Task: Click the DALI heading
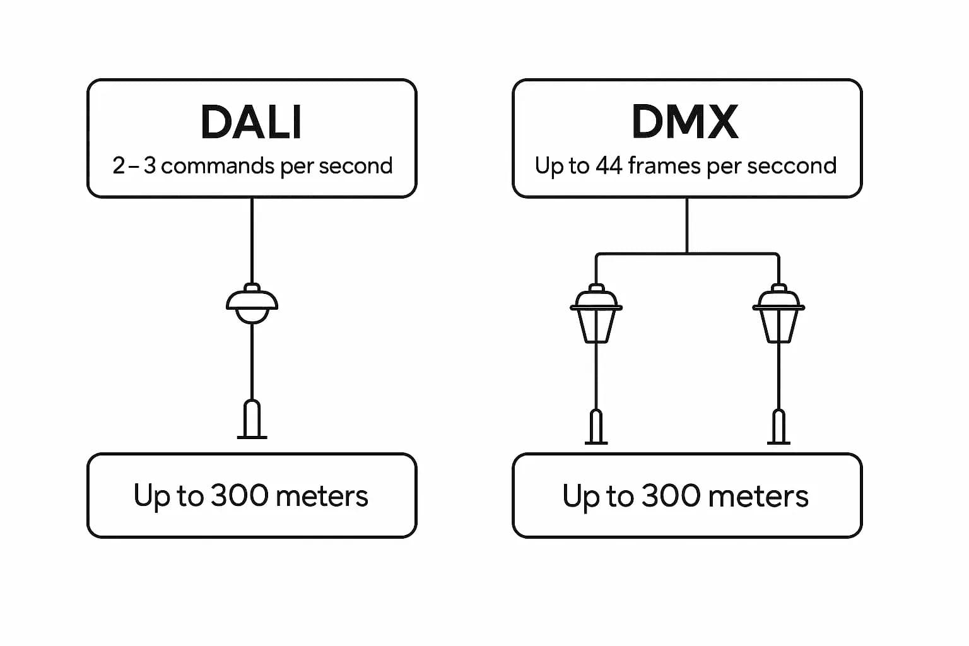251,122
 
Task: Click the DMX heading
685,122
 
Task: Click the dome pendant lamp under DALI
252,304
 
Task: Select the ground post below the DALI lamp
252,420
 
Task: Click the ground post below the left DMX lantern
596,428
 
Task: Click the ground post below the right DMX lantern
778,428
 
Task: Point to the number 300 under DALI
239,496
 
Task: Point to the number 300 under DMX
671,496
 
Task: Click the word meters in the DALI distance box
322,496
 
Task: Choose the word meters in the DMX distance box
758,496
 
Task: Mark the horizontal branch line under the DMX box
687,254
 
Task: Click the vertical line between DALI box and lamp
252,240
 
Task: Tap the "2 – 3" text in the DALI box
134,166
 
